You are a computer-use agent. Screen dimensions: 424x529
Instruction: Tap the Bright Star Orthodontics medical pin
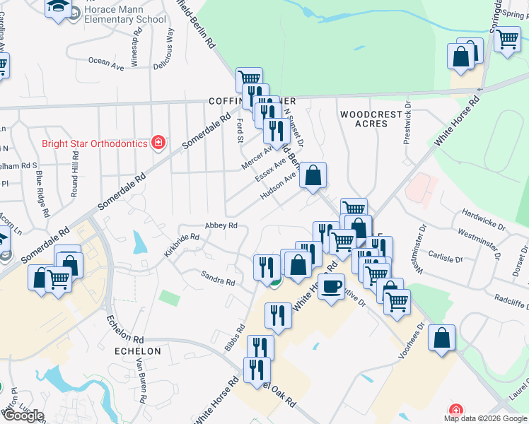(x=159, y=143)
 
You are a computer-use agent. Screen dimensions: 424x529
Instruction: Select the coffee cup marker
(x=331, y=287)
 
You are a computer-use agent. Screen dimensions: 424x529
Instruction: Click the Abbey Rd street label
(x=220, y=225)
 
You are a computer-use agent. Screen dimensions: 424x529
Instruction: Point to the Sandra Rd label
(x=218, y=277)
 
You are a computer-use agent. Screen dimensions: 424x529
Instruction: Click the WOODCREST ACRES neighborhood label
(x=364, y=119)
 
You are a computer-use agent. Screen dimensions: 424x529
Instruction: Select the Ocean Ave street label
(x=106, y=62)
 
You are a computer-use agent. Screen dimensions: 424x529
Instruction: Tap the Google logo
(x=23, y=416)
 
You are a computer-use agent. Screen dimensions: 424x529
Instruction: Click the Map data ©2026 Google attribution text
(x=485, y=418)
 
